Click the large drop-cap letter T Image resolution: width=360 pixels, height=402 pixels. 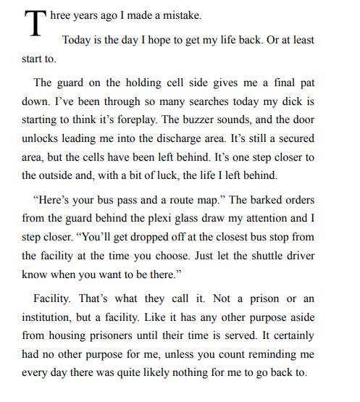coord(34,25)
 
